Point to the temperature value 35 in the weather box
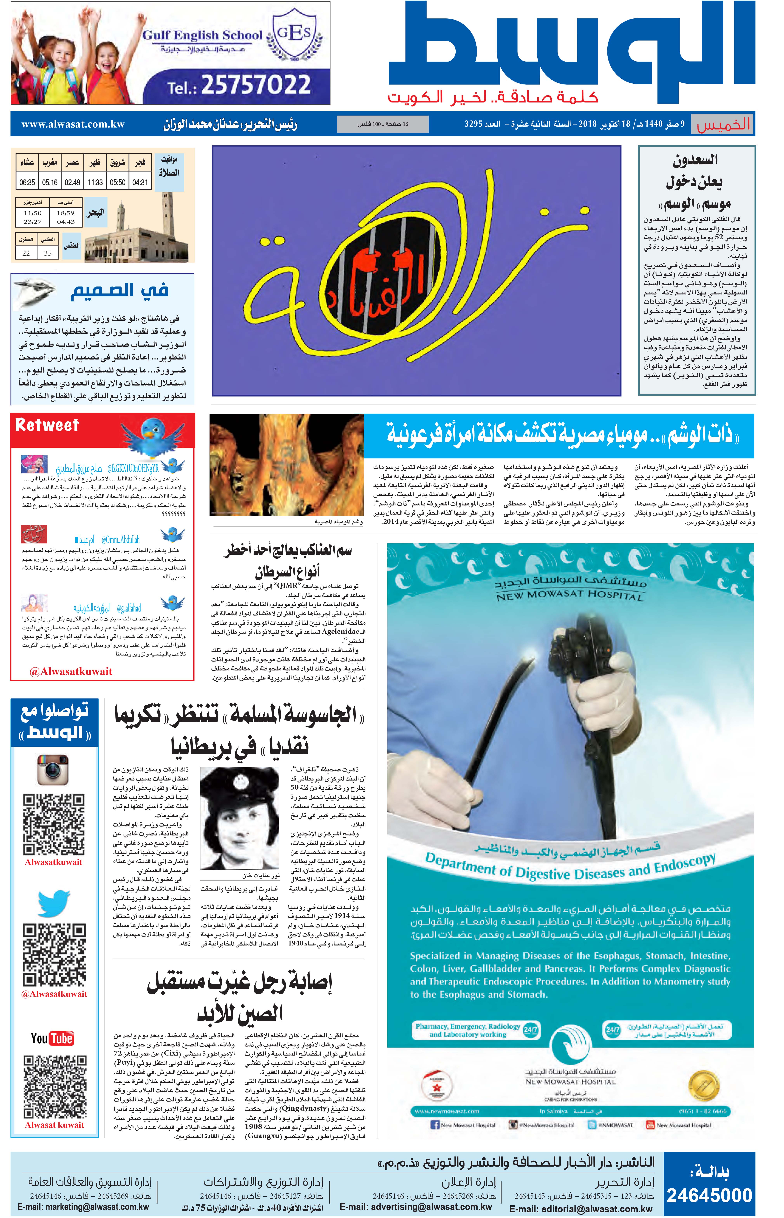pos(48,253)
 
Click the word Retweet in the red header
pos(47,425)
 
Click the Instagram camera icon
pos(53,769)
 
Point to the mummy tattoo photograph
pos(287,465)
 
